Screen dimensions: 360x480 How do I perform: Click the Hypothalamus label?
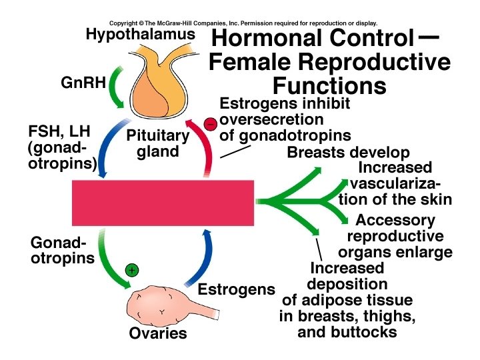pos(140,33)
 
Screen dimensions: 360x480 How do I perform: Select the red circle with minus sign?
pos(210,124)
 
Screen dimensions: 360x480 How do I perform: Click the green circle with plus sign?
pos(132,270)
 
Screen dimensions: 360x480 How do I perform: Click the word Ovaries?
pos(158,333)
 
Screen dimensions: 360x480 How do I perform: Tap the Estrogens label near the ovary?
pos(237,290)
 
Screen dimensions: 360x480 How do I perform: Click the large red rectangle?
pos(163,202)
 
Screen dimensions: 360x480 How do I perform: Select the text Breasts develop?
pos(348,153)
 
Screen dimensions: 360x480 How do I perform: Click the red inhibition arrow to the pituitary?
pos(205,150)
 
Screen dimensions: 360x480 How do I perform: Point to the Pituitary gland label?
pos(159,143)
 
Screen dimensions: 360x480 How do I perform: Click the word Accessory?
pos(395,220)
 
